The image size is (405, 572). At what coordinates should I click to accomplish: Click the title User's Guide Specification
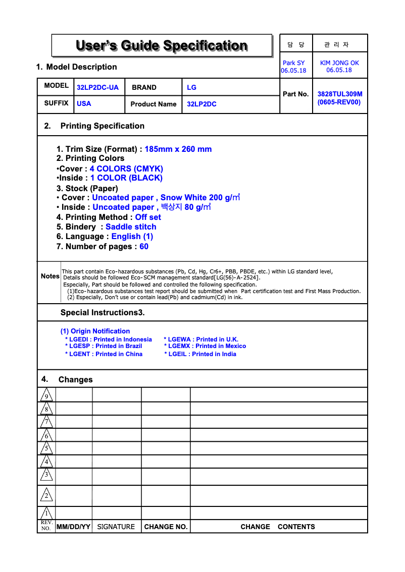162,46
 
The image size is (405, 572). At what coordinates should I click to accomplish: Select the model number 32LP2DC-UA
97,87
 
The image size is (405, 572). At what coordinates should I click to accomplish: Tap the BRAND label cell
144,87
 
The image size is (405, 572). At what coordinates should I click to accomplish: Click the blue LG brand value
191,87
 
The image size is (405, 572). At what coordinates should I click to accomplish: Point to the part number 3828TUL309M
339,94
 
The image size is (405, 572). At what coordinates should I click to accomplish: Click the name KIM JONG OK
339,63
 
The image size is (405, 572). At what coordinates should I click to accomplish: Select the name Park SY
293,63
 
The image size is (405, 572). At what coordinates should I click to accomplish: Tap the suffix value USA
84,103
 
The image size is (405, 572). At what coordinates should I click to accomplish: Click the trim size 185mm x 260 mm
178,149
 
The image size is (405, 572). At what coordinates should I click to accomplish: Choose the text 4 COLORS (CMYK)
126,168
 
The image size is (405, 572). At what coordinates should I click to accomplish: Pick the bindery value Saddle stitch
131,226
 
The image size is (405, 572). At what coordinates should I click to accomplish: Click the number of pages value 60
144,246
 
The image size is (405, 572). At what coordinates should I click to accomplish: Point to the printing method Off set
148,217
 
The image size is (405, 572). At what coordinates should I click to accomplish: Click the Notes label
50,276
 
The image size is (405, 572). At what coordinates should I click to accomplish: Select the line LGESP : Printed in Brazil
104,346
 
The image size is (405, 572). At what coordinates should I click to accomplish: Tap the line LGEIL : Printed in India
200,354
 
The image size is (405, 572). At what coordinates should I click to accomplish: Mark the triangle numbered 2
46,495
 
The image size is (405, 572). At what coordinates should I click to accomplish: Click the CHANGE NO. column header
166,527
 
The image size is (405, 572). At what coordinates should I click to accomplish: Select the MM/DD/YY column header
73,527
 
